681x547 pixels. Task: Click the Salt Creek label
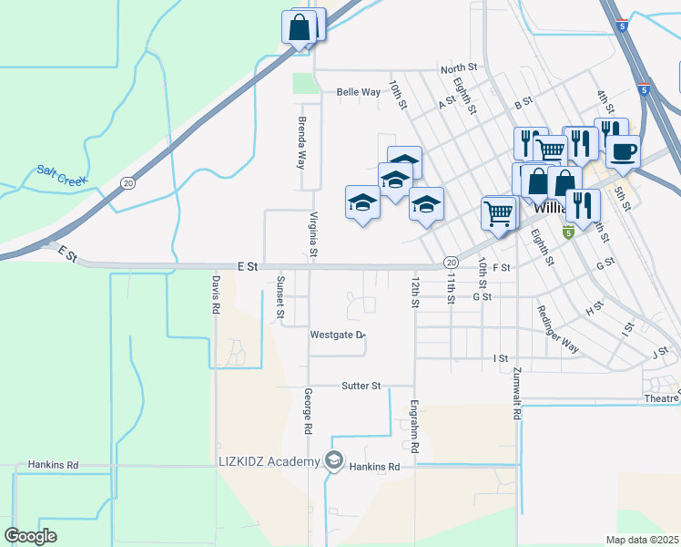point(62,174)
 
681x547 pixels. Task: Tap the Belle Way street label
point(358,92)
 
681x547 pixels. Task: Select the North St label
point(459,68)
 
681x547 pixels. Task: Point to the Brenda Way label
point(301,142)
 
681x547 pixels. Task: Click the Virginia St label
point(313,233)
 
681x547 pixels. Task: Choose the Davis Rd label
point(216,295)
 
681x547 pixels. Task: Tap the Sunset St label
point(280,298)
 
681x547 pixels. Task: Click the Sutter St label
point(361,386)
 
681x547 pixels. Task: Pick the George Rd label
point(309,410)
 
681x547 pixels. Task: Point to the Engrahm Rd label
point(413,427)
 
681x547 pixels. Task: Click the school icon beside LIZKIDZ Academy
point(334,461)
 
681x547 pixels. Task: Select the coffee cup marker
point(623,150)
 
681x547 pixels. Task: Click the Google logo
point(31,536)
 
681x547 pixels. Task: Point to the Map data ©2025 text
point(641,540)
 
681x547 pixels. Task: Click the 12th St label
point(415,293)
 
